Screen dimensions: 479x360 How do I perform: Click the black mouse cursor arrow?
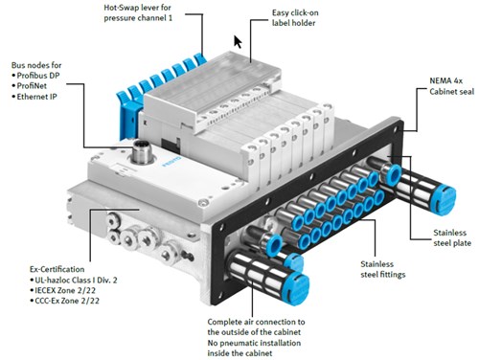(238, 42)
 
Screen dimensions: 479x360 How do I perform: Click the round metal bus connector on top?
(143, 152)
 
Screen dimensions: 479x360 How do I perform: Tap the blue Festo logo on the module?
(171, 162)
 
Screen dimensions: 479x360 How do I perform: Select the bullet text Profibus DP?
(38, 76)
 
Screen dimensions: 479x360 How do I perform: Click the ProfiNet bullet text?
(32, 86)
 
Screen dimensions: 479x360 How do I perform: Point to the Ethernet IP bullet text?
(36, 97)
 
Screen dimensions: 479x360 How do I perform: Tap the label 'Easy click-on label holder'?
(295, 18)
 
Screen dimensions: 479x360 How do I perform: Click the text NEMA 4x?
(445, 80)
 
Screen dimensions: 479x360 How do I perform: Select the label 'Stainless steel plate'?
(452, 237)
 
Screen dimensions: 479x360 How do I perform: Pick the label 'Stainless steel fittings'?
(383, 269)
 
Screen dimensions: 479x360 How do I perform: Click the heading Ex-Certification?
(57, 269)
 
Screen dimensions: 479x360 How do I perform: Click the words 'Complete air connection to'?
(256, 322)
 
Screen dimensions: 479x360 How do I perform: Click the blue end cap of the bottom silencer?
(298, 289)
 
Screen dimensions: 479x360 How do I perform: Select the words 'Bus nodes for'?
(36, 65)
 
